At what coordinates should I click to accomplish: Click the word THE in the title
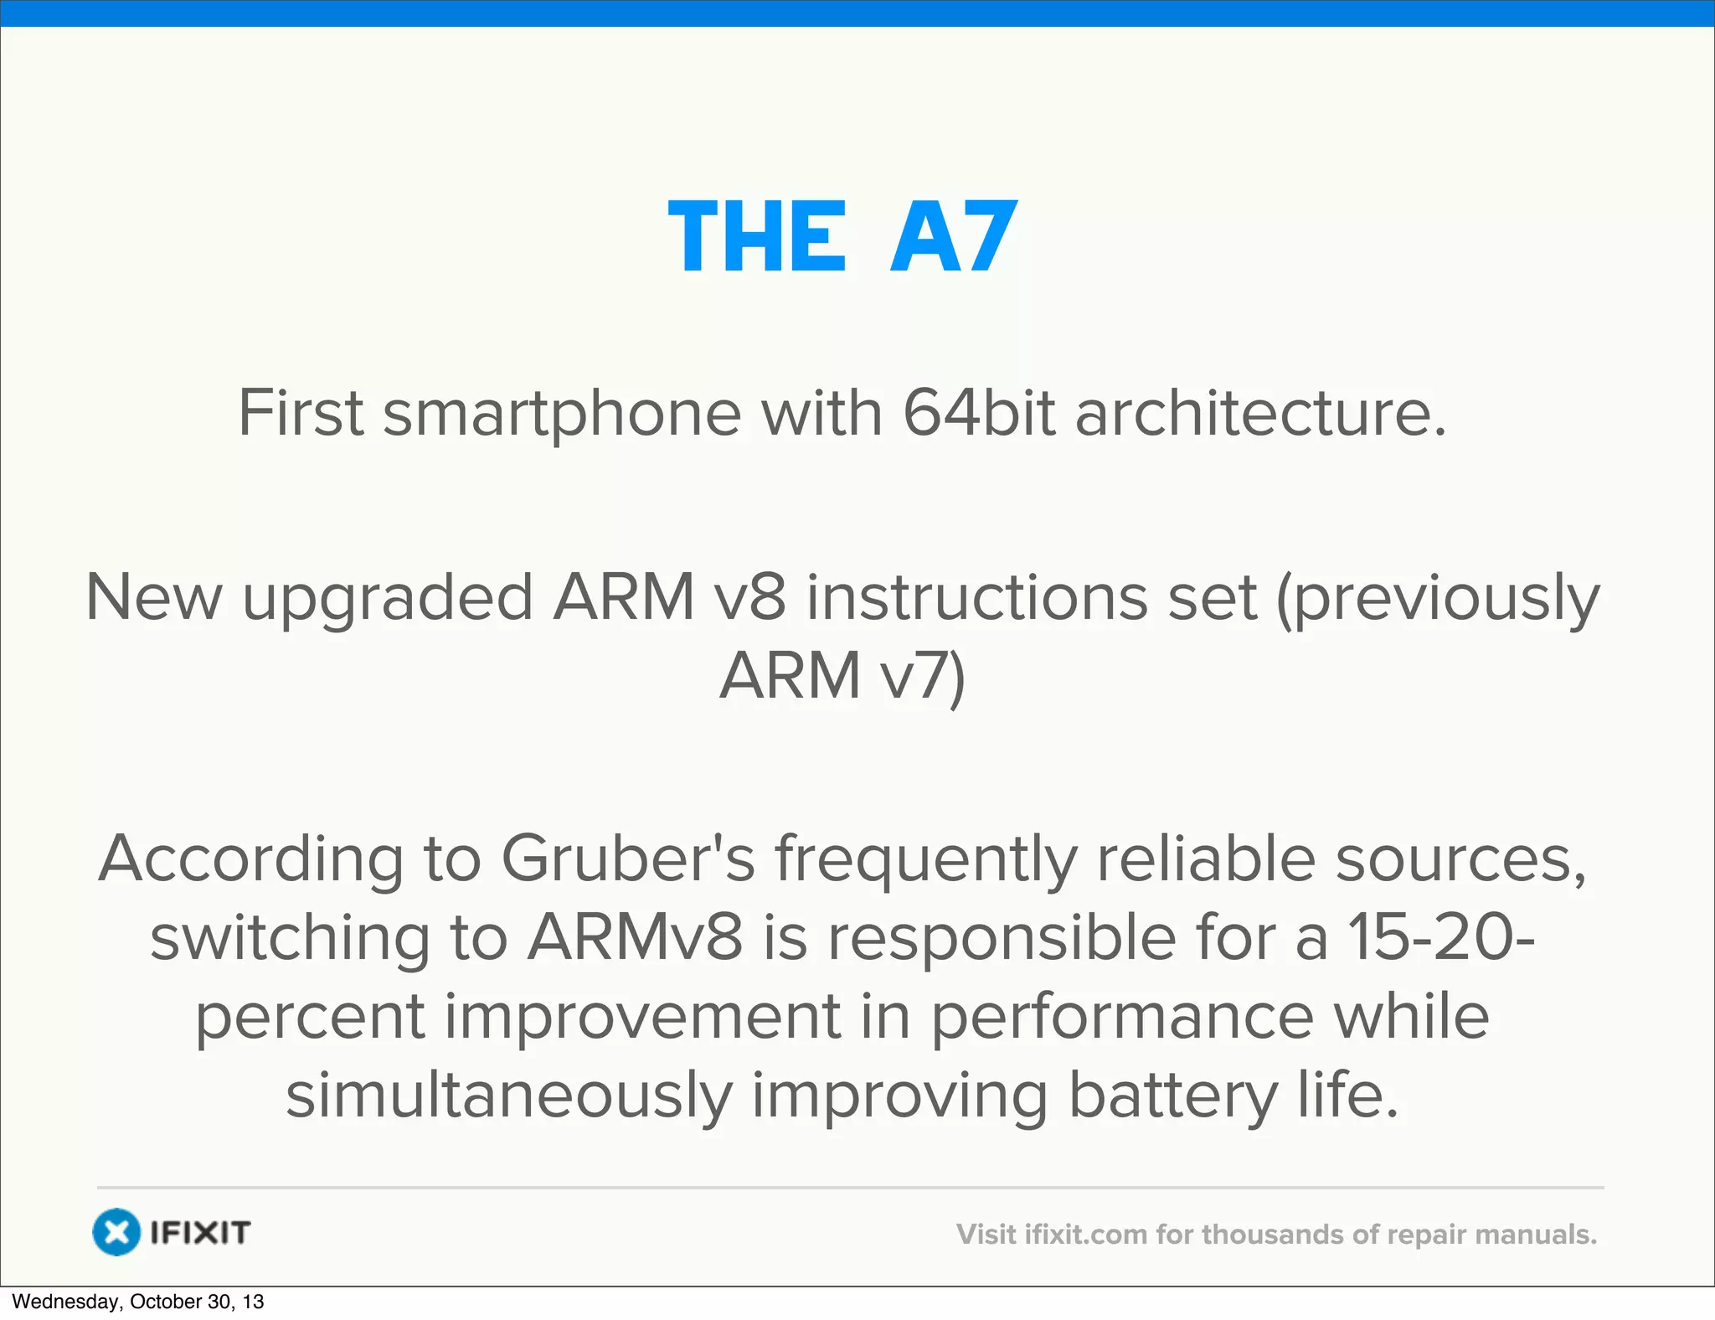(758, 238)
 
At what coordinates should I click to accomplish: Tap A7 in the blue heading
(954, 238)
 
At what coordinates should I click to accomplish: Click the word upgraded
(388, 598)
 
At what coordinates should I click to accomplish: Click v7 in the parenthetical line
(924, 675)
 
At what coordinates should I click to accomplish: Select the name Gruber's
(628, 859)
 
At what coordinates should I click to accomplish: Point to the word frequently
(926, 859)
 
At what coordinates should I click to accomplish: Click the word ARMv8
(635, 937)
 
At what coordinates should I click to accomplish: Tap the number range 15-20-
(1441, 937)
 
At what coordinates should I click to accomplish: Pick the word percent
(310, 1016)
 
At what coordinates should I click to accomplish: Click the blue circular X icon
(116, 1232)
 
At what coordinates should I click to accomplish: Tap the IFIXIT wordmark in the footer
(200, 1232)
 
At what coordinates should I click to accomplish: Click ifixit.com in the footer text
(1085, 1235)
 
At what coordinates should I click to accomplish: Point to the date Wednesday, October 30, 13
(138, 1302)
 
